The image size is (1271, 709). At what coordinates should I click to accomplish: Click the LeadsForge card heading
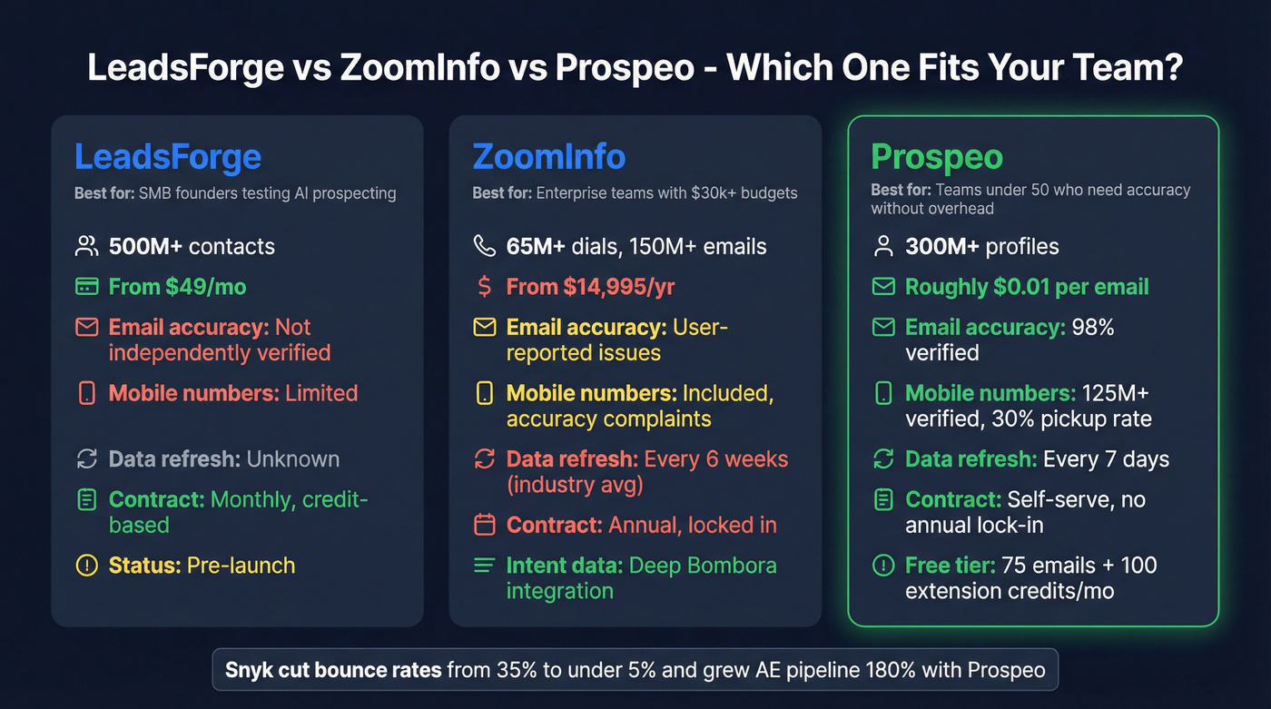(167, 157)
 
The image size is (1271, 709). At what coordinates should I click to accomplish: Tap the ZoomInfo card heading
(548, 157)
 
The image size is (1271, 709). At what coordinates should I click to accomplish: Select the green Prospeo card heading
(936, 157)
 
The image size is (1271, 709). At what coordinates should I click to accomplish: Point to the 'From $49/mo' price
(177, 287)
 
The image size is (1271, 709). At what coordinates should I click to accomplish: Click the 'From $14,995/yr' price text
(590, 287)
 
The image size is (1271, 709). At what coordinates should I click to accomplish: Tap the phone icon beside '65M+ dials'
(484, 246)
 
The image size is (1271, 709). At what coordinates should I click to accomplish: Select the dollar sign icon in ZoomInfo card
(484, 287)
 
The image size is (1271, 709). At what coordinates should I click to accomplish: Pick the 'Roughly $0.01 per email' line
(1027, 287)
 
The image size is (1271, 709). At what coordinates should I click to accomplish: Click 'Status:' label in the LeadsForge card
(144, 566)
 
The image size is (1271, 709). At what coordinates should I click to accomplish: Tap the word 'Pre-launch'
(241, 566)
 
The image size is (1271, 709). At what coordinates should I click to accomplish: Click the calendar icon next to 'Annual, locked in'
(484, 525)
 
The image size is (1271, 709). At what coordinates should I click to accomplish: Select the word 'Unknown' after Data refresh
(292, 459)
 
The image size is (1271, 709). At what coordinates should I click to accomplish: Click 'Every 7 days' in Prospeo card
(1106, 459)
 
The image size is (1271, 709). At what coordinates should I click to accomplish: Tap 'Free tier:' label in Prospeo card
(948, 566)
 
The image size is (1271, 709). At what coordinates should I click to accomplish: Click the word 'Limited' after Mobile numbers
(321, 393)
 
